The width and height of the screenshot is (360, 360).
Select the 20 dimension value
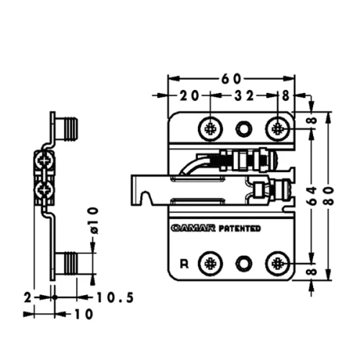click(190, 95)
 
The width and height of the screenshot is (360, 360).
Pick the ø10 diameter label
click(93, 219)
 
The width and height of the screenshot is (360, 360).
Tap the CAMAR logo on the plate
click(192, 229)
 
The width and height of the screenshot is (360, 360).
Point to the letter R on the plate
click(184, 263)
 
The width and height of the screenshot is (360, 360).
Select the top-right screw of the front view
click(279, 129)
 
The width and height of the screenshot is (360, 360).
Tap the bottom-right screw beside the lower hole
click(279, 264)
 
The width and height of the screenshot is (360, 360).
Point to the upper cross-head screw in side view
click(44, 161)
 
